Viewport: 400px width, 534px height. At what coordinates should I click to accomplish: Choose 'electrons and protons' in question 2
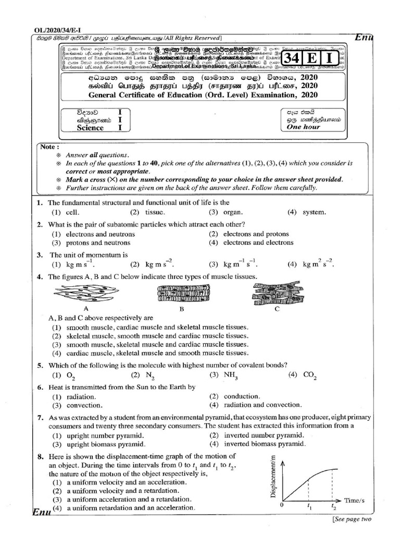click(x=256, y=234)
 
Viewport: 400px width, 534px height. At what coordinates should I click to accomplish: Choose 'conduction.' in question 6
click(x=242, y=396)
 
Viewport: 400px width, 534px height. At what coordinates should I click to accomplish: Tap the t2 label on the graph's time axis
click(x=334, y=506)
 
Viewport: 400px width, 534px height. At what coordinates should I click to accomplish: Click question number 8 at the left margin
click(x=40, y=457)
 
